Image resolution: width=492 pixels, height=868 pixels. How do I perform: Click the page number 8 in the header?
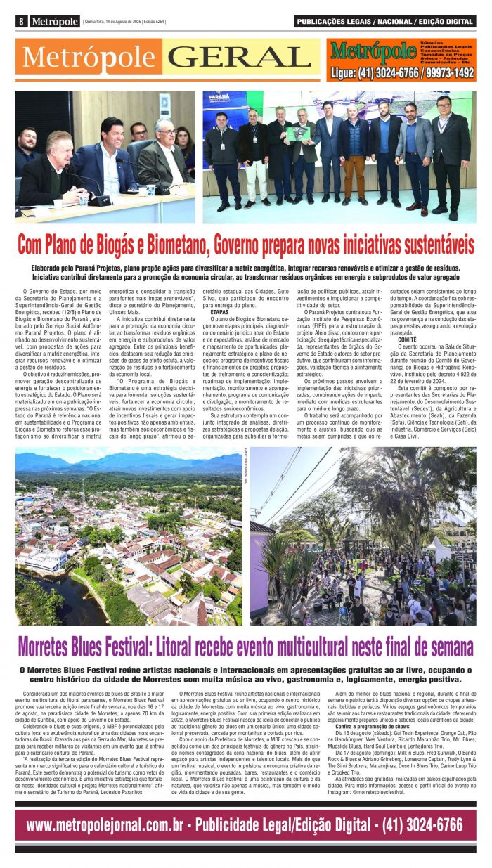[22, 22]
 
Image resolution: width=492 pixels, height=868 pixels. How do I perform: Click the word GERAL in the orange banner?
[235, 57]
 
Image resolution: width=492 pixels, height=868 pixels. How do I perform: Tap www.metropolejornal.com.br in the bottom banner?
[107, 824]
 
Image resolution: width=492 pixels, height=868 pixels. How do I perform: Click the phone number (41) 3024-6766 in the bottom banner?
[422, 824]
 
